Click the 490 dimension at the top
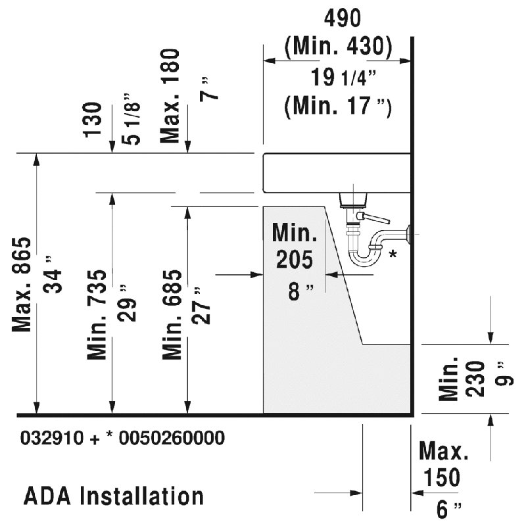(342, 18)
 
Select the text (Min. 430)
(338, 46)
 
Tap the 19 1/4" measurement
(343, 77)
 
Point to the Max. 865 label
(22, 285)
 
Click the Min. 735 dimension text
(97, 314)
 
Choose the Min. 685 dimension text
(172, 314)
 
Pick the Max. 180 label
(170, 96)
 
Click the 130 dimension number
(92, 120)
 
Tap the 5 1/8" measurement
(131, 120)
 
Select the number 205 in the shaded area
(295, 259)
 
